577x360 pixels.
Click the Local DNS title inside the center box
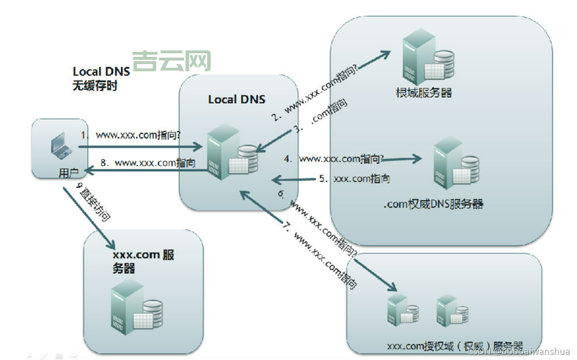pyautogui.click(x=236, y=99)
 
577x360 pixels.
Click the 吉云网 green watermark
pyautogui.click(x=171, y=60)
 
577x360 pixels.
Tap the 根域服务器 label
pyautogui.click(x=424, y=92)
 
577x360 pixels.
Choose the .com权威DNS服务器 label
pyautogui.click(x=433, y=204)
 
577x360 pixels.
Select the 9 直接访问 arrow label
pyautogui.click(x=95, y=202)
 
